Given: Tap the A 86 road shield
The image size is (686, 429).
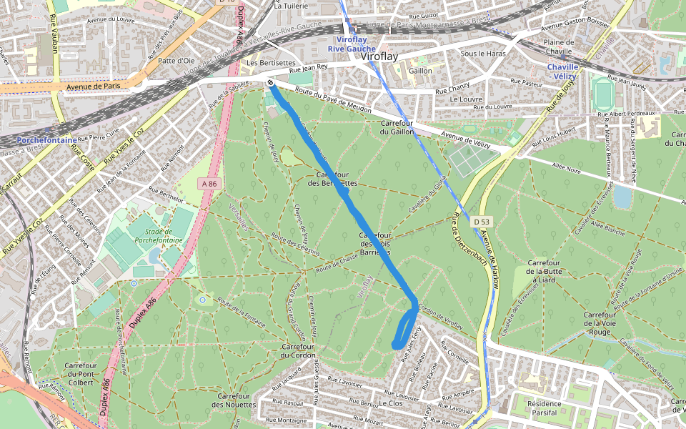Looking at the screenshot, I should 209,184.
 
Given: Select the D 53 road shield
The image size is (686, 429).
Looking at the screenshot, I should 481,222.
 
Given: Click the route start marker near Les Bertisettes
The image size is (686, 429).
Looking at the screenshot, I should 272,84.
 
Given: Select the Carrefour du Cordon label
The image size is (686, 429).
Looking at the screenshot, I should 298,350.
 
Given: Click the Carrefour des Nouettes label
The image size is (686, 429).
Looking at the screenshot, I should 234,400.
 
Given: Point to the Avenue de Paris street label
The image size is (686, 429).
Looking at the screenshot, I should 94,86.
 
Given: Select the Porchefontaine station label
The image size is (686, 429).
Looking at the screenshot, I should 46,140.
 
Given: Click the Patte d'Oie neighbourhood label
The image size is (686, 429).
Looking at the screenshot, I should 177,61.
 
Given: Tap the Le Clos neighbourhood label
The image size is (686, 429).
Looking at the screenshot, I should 391,403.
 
